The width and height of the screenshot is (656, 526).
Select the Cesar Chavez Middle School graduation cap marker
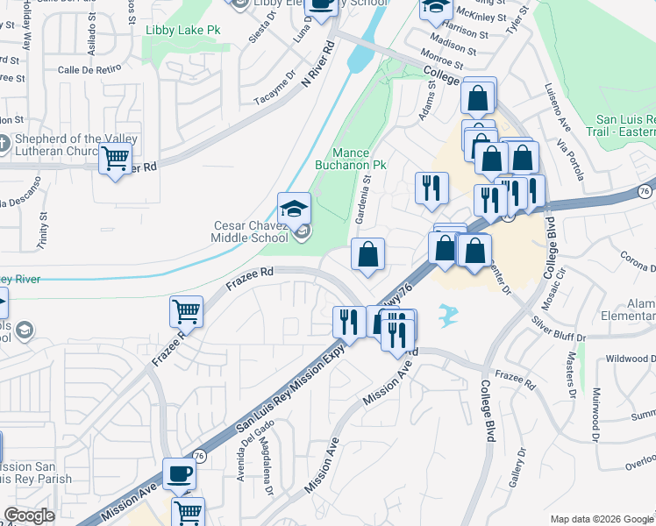(x=294, y=209)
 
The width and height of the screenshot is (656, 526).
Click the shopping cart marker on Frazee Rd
(x=187, y=310)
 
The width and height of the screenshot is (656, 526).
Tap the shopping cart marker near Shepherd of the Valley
(x=116, y=160)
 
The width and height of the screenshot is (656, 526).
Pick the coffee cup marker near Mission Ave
(x=179, y=473)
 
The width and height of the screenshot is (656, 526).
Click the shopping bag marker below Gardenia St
(x=368, y=255)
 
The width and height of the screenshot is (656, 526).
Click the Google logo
(x=29, y=515)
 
